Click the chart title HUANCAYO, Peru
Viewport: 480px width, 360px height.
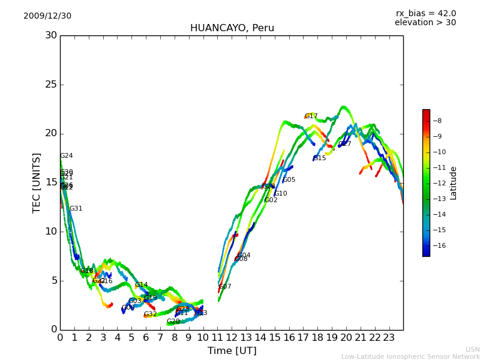(x=232, y=28)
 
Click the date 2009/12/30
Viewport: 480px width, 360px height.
(x=47, y=16)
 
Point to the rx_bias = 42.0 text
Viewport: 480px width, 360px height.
(x=425, y=14)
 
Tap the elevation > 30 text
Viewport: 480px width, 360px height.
(x=425, y=23)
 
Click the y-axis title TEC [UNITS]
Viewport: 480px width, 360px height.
(x=37, y=182)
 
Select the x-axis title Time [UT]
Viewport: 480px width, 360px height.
(x=232, y=351)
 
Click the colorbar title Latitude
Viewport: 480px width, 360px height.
(x=454, y=183)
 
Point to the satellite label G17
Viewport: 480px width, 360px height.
(x=311, y=116)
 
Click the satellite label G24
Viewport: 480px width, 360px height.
(x=66, y=156)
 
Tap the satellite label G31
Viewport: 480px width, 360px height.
(x=76, y=209)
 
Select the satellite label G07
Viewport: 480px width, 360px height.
(x=224, y=287)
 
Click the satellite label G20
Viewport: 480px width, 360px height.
(x=173, y=322)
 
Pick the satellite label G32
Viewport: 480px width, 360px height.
(x=150, y=314)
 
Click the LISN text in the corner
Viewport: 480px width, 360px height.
(x=472, y=349)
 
